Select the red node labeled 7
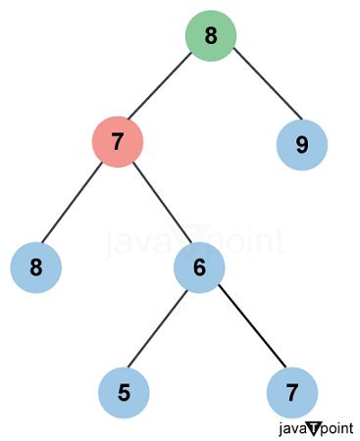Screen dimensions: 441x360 (118, 142)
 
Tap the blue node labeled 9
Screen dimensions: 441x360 (301, 145)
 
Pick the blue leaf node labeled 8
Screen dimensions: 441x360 (36, 267)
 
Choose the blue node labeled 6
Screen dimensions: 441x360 (199, 267)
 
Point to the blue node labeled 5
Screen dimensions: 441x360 (125, 393)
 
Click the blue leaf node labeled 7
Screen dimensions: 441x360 (292, 393)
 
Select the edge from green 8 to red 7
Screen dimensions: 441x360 (164, 89)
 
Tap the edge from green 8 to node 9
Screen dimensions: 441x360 (256, 90)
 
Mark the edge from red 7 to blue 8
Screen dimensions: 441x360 (77, 204)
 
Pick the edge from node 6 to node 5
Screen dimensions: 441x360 (162, 330)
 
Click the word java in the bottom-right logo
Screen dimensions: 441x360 (292, 428)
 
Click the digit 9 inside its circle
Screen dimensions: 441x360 (301, 145)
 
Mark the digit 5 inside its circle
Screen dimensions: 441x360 (125, 393)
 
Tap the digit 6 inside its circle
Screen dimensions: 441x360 (199, 267)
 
